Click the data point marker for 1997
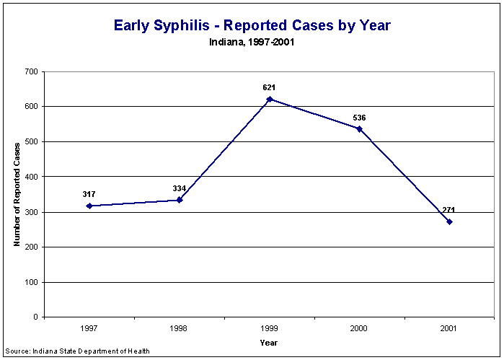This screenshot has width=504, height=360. pyautogui.click(x=89, y=206)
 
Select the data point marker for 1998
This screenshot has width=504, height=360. pyautogui.click(x=180, y=200)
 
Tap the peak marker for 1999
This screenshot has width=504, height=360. pyautogui.click(x=270, y=99)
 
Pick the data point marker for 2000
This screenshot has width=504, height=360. pyautogui.click(x=359, y=129)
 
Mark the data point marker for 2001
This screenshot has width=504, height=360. pyautogui.click(x=449, y=221)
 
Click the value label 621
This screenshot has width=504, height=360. pyautogui.click(x=270, y=87)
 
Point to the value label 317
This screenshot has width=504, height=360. pyautogui.click(x=89, y=194)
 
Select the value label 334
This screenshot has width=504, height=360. pyautogui.click(x=180, y=188)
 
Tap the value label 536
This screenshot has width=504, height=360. pyautogui.click(x=359, y=117)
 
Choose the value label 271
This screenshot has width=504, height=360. pyautogui.click(x=449, y=210)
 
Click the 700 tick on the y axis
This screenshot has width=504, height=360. pyautogui.click(x=30, y=71)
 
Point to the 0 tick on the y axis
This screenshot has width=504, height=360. pyautogui.click(x=35, y=317)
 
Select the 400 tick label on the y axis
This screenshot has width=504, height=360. pyautogui.click(x=30, y=177)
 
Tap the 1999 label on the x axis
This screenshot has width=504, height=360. pyautogui.click(x=270, y=328)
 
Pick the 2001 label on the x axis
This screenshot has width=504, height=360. pyautogui.click(x=449, y=328)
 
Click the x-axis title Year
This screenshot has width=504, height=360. pyautogui.click(x=269, y=343)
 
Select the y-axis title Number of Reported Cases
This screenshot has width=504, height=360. pyautogui.click(x=17, y=195)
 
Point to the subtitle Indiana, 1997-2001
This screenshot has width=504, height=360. pyautogui.click(x=252, y=42)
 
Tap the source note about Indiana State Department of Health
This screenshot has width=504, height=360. pyautogui.click(x=77, y=351)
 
